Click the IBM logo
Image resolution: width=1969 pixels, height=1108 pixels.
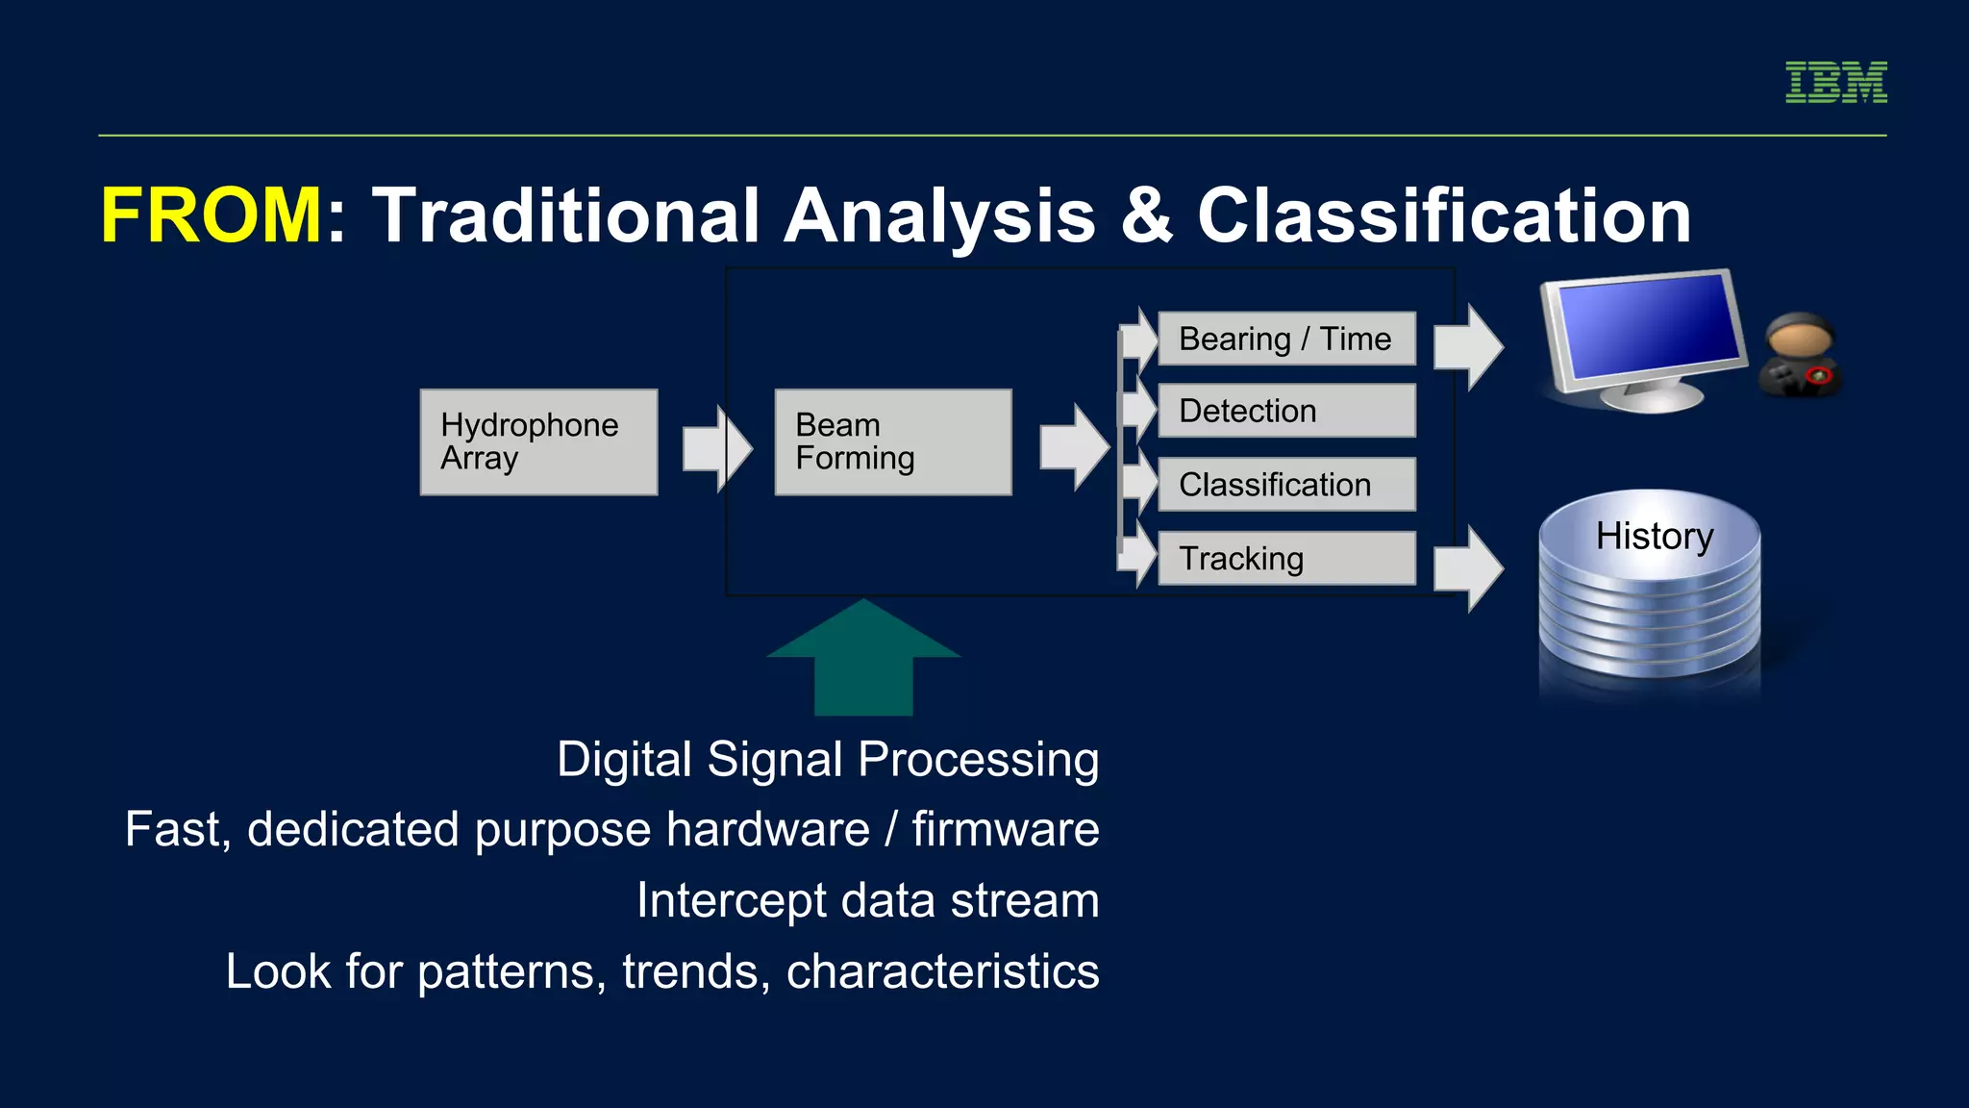click(1835, 83)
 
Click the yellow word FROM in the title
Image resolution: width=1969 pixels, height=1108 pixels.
click(212, 215)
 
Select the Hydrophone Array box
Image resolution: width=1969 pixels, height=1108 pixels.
click(538, 442)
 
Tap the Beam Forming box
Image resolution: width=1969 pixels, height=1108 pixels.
click(893, 442)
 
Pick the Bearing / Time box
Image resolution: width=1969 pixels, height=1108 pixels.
click(1286, 339)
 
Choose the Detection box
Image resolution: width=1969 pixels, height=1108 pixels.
click(1286, 411)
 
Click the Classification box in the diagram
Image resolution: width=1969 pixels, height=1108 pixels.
click(1286, 484)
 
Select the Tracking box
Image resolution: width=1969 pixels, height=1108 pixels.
click(1286, 558)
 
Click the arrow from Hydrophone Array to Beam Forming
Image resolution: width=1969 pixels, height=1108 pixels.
click(716, 448)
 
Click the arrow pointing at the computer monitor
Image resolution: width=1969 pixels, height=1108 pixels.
click(1467, 346)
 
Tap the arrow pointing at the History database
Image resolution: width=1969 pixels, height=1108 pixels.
click(1467, 568)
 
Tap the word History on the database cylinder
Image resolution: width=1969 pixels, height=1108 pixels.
click(1654, 536)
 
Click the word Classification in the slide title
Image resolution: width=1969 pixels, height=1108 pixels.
click(1443, 215)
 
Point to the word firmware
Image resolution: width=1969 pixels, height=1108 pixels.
click(1005, 829)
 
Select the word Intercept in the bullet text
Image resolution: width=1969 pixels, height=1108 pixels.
click(731, 900)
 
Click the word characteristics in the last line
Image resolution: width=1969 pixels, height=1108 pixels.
click(942, 971)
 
